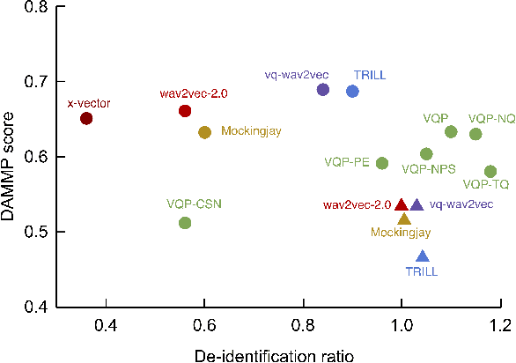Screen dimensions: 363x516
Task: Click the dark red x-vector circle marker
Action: (x=86, y=118)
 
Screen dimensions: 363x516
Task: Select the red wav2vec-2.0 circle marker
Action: (x=185, y=111)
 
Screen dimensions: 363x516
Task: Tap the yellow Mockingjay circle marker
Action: (x=204, y=132)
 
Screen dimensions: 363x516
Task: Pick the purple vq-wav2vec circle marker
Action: (x=323, y=89)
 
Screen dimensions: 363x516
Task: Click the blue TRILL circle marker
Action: (x=352, y=91)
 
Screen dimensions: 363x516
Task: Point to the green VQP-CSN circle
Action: (x=185, y=223)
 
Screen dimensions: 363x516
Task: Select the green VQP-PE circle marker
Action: (x=382, y=163)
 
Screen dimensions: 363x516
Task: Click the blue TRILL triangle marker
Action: (x=423, y=256)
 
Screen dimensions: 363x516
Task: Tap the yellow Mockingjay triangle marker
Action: (x=404, y=219)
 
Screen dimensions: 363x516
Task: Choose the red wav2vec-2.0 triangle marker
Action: (x=402, y=204)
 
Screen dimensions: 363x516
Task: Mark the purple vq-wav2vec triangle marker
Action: (x=417, y=204)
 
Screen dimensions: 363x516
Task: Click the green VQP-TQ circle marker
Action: (x=490, y=171)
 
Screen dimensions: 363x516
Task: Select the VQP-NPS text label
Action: (x=429, y=168)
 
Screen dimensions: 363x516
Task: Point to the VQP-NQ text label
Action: (x=492, y=118)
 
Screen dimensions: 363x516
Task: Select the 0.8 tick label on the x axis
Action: (x=304, y=324)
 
